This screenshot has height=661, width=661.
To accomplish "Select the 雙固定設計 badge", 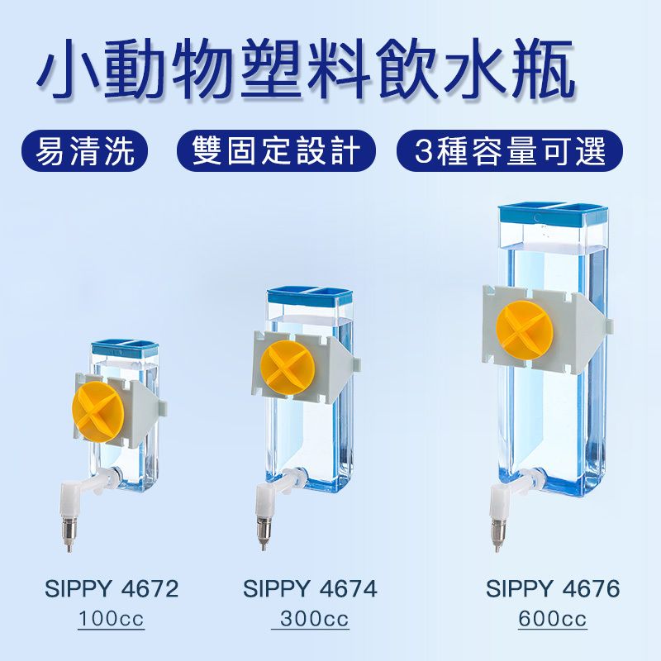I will (276, 152).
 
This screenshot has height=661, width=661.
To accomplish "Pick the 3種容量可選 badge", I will (510, 152).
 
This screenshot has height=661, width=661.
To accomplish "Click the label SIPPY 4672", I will (112, 589).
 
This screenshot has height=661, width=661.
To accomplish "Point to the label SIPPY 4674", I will (310, 589).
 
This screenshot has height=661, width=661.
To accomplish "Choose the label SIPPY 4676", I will (553, 589).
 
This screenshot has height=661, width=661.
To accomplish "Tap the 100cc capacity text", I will (112, 619).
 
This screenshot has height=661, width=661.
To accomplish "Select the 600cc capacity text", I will (553, 619).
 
